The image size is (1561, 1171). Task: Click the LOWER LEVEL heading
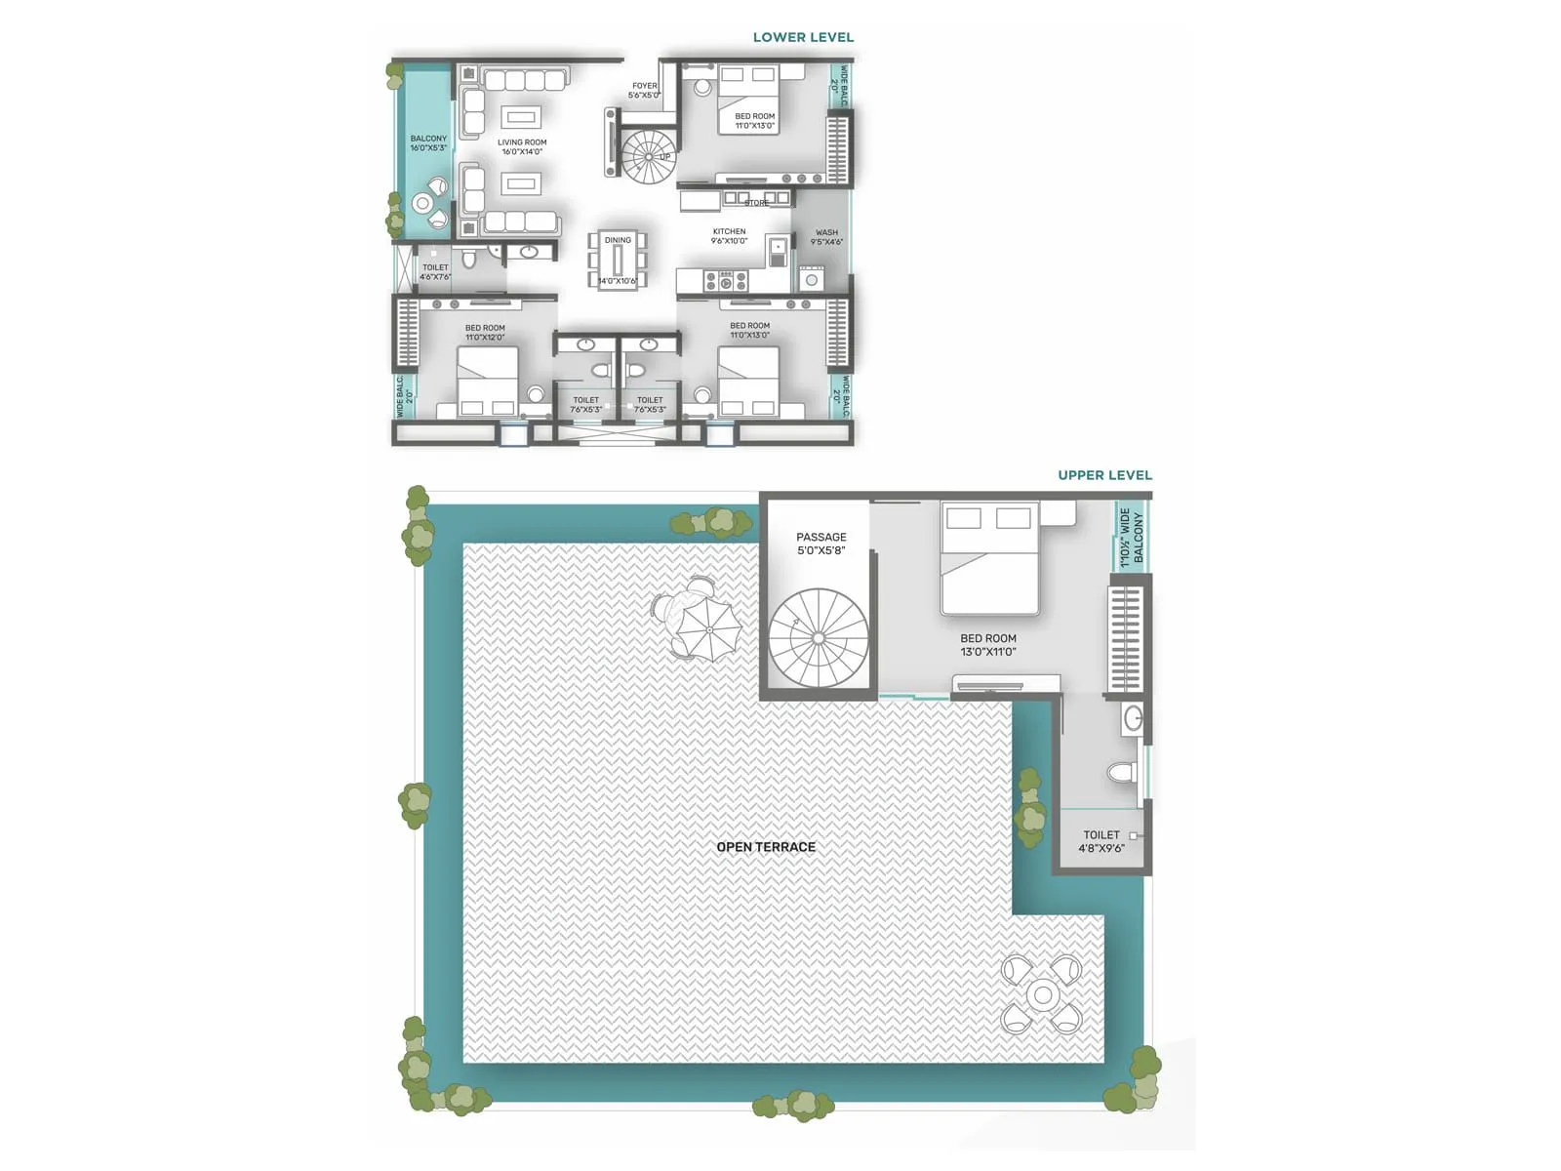803,37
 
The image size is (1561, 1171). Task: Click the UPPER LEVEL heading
1104,475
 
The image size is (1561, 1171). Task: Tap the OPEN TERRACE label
766,847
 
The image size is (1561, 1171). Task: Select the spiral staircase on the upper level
818,638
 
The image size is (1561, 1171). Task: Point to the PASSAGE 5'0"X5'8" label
821,544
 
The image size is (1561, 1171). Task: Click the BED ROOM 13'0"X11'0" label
987,645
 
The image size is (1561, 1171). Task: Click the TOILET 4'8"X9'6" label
1101,841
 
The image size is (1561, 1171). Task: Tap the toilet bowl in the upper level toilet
1122,774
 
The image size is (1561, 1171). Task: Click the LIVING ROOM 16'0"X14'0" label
522,147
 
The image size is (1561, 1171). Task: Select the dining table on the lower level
618,262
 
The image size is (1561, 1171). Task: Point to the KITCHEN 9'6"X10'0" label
729,236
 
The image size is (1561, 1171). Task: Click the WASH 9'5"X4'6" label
826,237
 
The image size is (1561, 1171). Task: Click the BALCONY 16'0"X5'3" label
428,143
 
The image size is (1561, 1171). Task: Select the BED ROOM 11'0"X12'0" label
485,333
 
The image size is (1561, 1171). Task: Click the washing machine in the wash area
812,280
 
